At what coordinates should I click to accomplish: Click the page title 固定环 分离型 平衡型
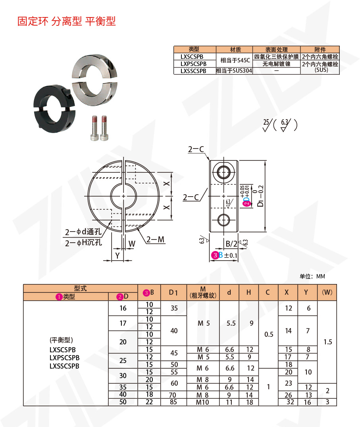(x=66, y=21)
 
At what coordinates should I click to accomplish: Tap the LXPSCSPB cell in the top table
(x=193, y=64)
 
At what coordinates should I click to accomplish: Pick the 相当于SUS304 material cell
(x=234, y=71)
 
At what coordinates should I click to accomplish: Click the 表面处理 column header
(x=276, y=50)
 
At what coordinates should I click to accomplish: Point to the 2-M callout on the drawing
(x=155, y=240)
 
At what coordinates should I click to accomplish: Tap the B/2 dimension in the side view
(x=231, y=243)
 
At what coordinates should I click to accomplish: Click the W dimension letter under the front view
(x=132, y=243)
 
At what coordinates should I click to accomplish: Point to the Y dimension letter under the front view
(x=117, y=255)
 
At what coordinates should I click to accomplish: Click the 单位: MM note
(x=312, y=276)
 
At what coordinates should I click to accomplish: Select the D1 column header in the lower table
(x=173, y=293)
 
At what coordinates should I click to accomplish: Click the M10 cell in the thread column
(x=203, y=402)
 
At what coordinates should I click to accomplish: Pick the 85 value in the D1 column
(x=173, y=402)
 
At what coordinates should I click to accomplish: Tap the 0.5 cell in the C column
(x=268, y=334)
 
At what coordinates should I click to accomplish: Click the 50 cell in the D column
(x=123, y=402)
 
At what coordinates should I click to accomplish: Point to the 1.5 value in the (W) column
(x=327, y=342)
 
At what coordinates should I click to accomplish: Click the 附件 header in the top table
(x=320, y=50)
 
